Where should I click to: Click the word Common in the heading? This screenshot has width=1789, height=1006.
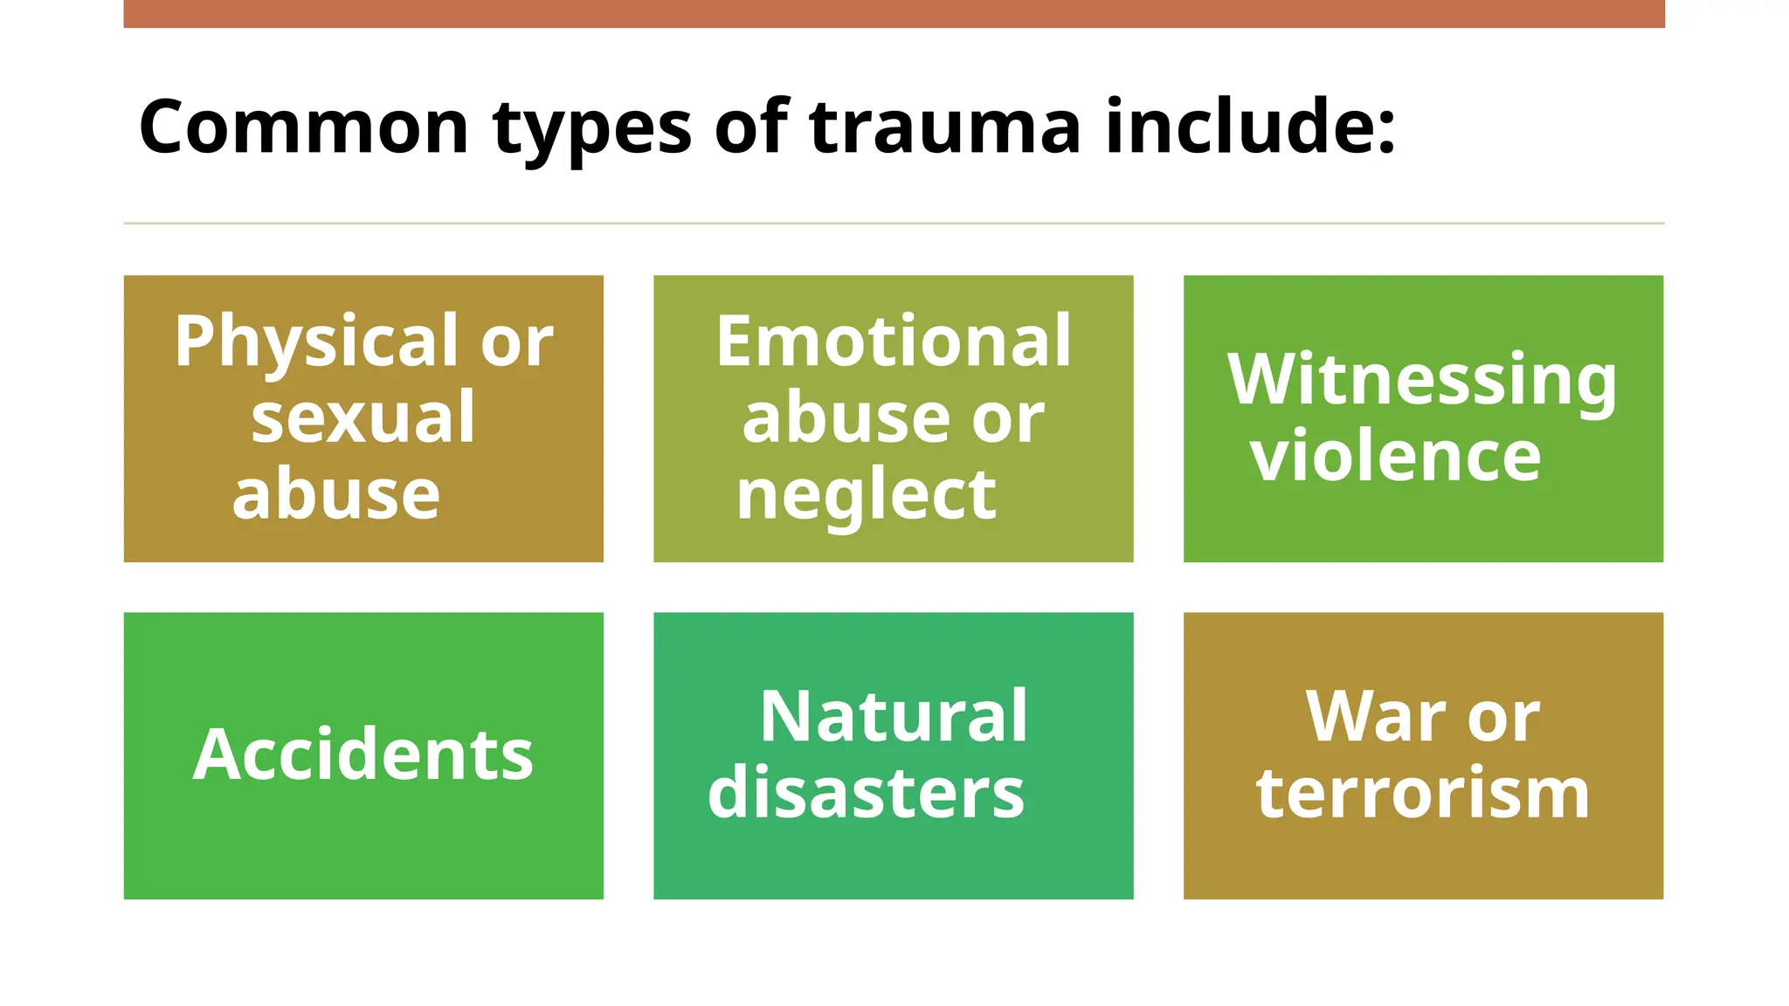(304, 127)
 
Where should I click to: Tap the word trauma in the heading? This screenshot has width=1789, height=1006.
(945, 127)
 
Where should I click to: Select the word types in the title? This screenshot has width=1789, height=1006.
(591, 131)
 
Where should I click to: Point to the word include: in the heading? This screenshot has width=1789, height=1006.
(1250, 127)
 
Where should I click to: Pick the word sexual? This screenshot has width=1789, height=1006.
(363, 417)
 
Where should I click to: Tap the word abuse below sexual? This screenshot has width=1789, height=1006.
(336, 494)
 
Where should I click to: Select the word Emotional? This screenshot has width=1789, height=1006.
(893, 341)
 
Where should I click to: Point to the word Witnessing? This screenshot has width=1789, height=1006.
(1421, 381)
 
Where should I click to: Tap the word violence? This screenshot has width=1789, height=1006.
(1395, 456)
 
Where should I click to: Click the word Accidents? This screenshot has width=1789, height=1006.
(363, 754)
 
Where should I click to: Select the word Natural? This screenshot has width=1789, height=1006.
(893, 716)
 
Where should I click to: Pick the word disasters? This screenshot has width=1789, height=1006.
(866, 793)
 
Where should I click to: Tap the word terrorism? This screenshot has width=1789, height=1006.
(1422, 793)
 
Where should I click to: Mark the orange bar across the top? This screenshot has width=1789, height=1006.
(894, 13)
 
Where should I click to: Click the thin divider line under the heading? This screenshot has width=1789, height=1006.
(894, 224)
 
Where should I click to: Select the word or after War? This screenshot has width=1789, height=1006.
(1503, 718)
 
